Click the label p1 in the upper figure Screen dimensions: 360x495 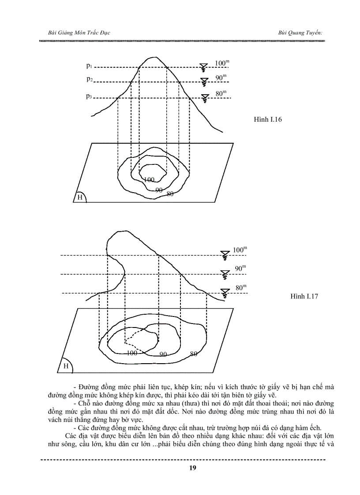[89, 66]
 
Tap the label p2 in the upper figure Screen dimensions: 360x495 [89, 79]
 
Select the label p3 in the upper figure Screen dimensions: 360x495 [89, 96]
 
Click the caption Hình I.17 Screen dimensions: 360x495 [304, 296]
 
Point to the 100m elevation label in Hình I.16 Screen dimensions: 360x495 [222, 63]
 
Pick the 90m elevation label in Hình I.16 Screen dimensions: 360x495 [221, 78]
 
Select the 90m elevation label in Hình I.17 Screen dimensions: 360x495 [240, 268]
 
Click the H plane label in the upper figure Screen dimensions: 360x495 [80, 197]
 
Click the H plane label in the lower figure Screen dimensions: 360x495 [65, 366]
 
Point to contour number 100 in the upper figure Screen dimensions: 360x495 [149, 180]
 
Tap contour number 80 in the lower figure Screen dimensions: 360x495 [193, 354]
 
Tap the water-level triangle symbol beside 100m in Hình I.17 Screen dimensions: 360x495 [225, 254]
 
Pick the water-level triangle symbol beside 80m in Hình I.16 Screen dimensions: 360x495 [204, 98]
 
